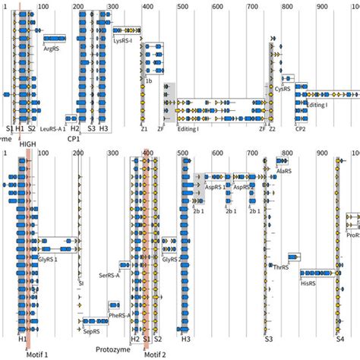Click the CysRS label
[282, 89]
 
